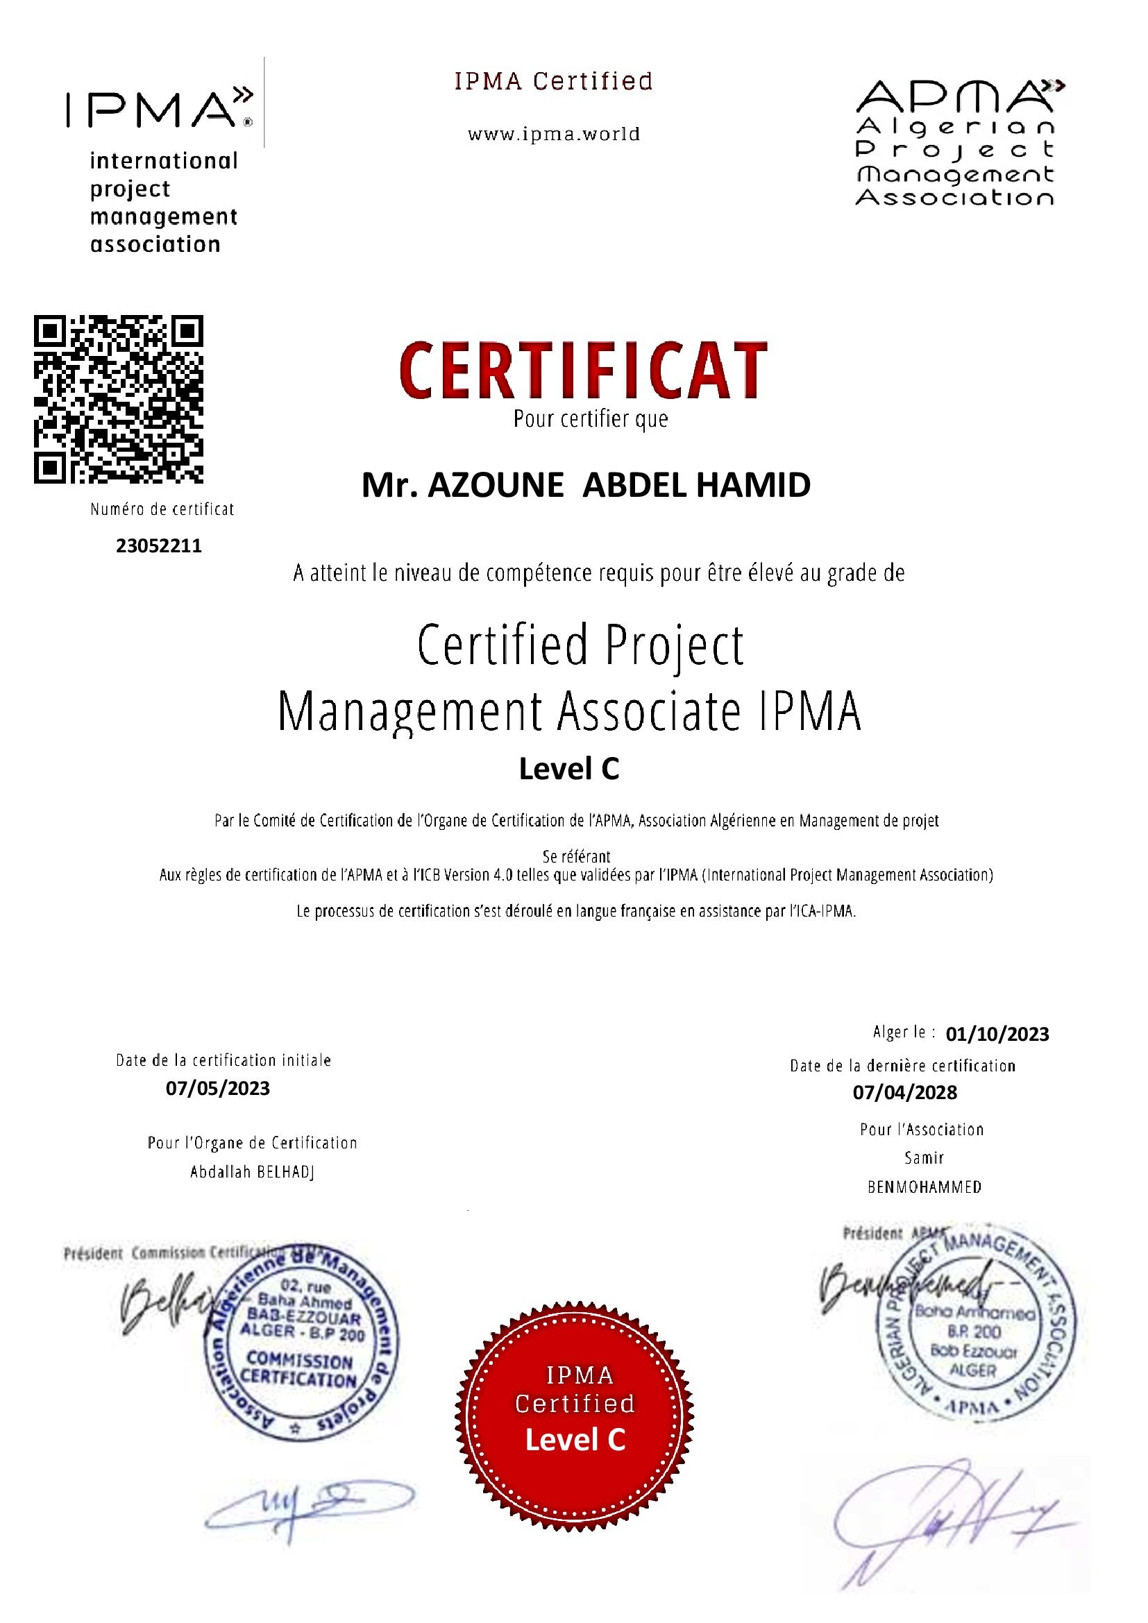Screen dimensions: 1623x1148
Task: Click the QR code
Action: (119, 400)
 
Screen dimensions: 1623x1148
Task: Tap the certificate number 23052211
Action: (159, 545)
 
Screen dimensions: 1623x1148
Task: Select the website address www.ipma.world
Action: (553, 135)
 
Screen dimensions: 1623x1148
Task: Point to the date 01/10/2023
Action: (997, 1034)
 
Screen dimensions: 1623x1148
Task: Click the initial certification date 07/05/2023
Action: (218, 1088)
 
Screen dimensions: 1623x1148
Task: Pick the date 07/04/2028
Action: (905, 1092)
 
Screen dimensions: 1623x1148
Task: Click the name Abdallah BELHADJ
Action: (253, 1172)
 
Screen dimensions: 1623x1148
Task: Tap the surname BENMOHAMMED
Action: (925, 1187)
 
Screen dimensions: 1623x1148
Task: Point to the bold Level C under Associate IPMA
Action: (569, 769)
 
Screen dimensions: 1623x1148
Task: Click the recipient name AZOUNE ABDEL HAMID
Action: (586, 486)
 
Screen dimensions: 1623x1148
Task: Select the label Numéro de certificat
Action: (162, 509)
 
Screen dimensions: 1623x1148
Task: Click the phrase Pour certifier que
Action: (590, 419)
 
